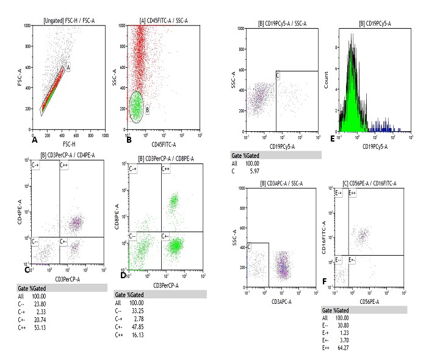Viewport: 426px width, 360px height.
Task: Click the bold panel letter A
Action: pos(26,140)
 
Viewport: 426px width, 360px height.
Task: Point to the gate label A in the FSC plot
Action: pos(69,68)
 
